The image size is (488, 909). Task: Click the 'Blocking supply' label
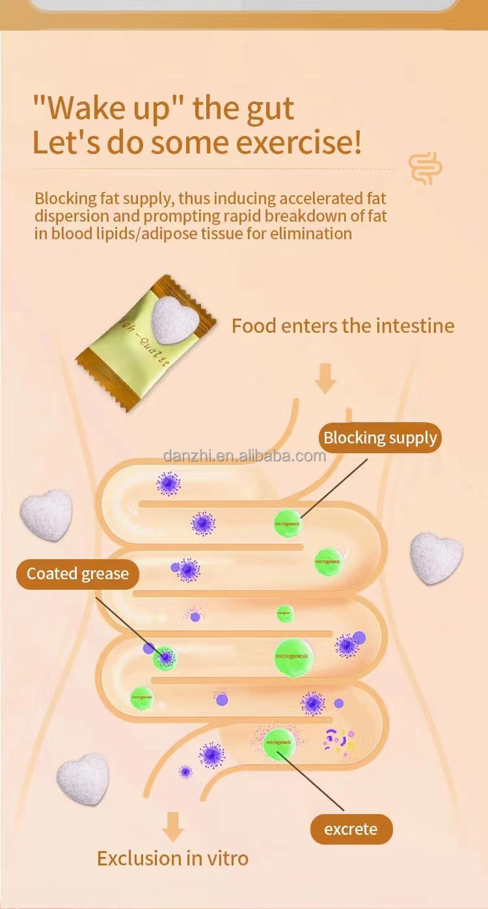click(380, 438)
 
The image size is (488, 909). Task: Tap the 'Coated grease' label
click(77, 574)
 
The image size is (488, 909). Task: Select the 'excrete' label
click(351, 829)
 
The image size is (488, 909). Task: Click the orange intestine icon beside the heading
click(426, 168)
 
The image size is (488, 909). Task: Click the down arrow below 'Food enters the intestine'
click(325, 379)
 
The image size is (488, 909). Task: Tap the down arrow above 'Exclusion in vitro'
click(172, 825)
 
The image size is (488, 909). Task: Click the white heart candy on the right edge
click(436, 558)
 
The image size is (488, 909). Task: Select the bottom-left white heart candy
click(83, 778)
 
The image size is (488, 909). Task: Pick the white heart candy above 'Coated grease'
click(47, 514)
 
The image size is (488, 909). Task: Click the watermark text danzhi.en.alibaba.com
click(245, 455)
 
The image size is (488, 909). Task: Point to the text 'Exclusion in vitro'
click(172, 858)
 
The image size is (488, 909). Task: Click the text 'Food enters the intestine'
click(343, 325)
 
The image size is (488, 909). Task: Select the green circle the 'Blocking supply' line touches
click(287, 522)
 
